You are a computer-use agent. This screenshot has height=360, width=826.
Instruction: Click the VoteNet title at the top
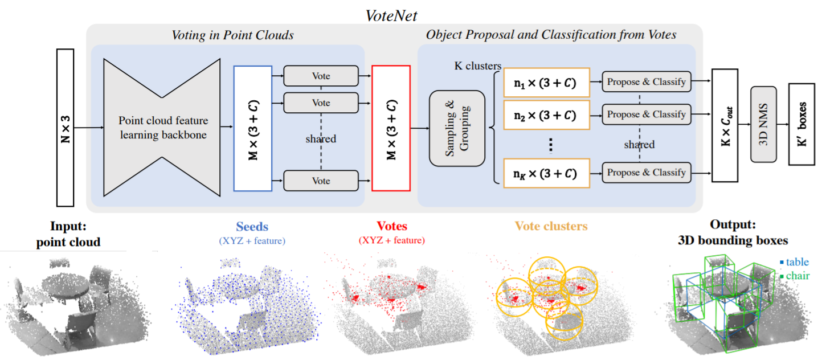click(391, 15)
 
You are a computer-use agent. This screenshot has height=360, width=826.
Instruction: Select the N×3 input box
click(66, 128)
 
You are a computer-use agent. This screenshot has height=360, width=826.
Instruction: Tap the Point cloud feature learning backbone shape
click(162, 127)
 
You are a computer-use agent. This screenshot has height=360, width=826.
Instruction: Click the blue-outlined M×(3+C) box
click(253, 128)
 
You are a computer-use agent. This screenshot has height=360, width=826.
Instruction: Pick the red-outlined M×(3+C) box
click(391, 128)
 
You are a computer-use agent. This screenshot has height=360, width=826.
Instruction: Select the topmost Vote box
click(321, 76)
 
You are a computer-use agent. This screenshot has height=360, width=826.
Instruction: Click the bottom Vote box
click(321, 181)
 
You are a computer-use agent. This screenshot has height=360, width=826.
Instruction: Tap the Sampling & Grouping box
click(457, 128)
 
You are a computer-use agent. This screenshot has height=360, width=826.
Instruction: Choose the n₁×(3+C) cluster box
click(546, 83)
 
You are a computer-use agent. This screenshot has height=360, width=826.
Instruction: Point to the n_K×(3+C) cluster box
click(546, 173)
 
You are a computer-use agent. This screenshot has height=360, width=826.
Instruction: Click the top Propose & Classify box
click(647, 81)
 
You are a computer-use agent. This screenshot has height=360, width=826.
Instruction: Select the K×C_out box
click(725, 125)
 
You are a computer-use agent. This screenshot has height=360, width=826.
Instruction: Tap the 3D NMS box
click(763, 124)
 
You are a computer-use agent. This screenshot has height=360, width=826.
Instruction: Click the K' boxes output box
click(802, 124)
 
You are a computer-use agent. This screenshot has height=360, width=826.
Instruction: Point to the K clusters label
click(477, 66)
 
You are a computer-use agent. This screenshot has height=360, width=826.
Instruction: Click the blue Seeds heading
click(252, 226)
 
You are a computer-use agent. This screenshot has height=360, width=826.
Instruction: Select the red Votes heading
click(391, 226)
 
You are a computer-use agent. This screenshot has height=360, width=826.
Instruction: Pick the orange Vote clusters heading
click(551, 226)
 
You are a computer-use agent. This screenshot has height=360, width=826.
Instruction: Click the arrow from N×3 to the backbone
click(89, 128)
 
